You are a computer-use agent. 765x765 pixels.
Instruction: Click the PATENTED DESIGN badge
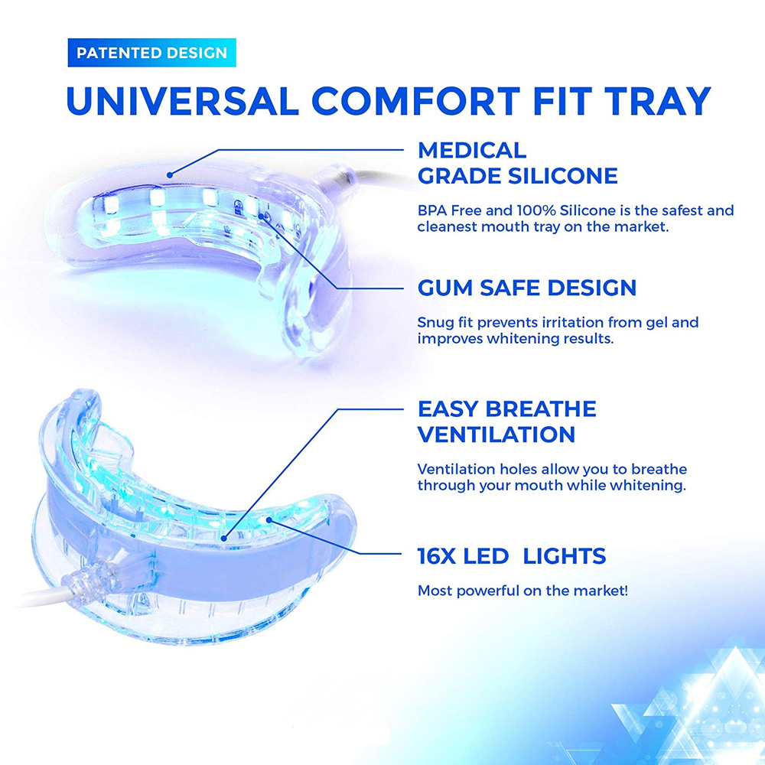tap(151, 53)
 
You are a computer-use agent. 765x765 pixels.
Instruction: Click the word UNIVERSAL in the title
tap(183, 102)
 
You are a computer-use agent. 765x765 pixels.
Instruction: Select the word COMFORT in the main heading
tap(415, 102)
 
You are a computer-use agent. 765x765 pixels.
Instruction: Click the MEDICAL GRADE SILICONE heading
tap(518, 164)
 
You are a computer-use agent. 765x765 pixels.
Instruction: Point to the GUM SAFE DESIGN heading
tap(527, 288)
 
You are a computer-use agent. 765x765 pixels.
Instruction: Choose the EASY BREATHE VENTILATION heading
tap(507, 422)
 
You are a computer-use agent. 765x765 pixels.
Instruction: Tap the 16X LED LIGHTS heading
tap(512, 556)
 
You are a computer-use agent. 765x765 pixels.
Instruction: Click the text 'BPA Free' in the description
tap(449, 210)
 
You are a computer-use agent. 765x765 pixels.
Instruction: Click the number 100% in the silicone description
tap(536, 210)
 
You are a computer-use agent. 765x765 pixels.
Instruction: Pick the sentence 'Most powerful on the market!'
tap(522, 591)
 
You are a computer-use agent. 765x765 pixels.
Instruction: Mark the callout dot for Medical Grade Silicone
tap(170, 174)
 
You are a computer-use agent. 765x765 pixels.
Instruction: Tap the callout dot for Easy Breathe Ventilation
tap(224, 538)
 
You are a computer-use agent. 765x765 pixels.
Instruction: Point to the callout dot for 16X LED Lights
tap(269, 520)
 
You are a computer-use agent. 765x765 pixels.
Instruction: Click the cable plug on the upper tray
tap(338, 177)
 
